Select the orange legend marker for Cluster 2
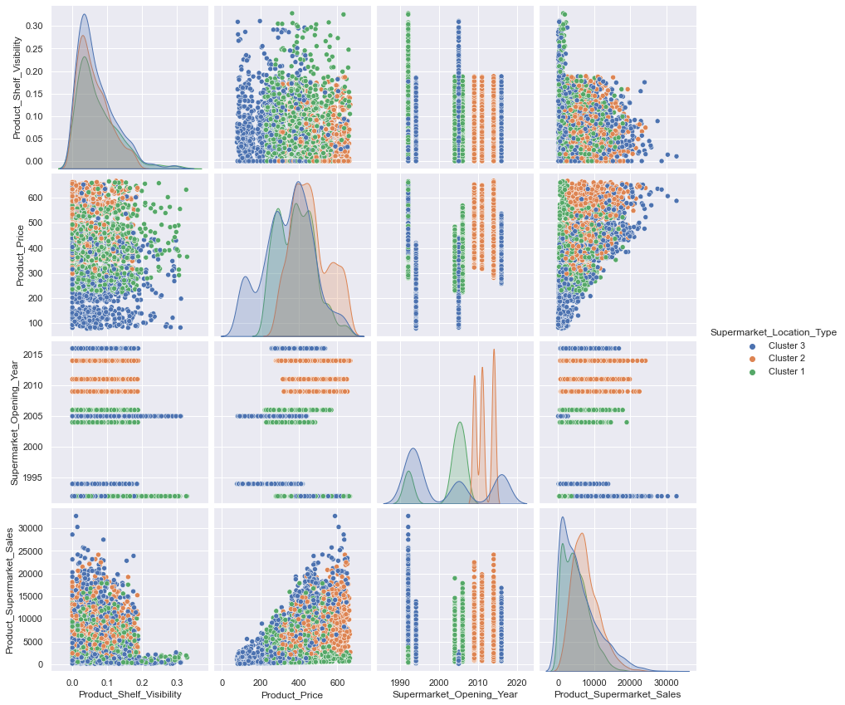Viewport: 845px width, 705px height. click(752, 358)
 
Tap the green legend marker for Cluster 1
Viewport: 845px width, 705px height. click(752, 371)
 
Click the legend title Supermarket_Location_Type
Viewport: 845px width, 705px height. click(772, 331)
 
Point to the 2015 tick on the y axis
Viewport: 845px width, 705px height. click(33, 355)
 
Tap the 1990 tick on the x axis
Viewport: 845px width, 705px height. click(393, 682)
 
